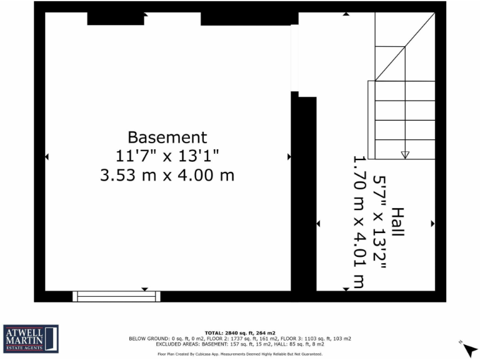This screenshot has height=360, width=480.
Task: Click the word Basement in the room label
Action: coord(167,137)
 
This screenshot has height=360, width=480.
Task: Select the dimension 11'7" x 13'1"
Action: coord(167,156)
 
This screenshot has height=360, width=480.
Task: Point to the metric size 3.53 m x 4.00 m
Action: coord(167,176)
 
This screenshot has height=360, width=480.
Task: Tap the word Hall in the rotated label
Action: coord(397,222)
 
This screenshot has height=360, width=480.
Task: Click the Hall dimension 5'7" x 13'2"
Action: coord(379,222)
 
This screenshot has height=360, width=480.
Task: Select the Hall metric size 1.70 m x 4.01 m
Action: coord(359,222)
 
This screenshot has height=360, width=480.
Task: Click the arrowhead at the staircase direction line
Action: coord(404,154)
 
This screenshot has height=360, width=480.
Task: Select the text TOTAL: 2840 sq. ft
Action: coord(240,333)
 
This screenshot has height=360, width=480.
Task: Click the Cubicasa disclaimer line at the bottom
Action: coord(240,354)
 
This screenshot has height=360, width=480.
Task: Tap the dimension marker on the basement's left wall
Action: coord(46,156)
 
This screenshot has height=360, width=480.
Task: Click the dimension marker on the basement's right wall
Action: coord(289,156)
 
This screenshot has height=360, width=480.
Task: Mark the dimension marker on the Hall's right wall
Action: coord(432,223)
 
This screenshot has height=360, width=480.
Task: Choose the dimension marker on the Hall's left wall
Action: coord(318,223)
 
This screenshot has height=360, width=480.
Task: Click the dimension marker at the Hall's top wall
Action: coord(346,14)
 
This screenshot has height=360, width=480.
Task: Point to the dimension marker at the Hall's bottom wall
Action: coord(346,289)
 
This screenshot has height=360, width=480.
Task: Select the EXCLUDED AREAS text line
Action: coord(240,344)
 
